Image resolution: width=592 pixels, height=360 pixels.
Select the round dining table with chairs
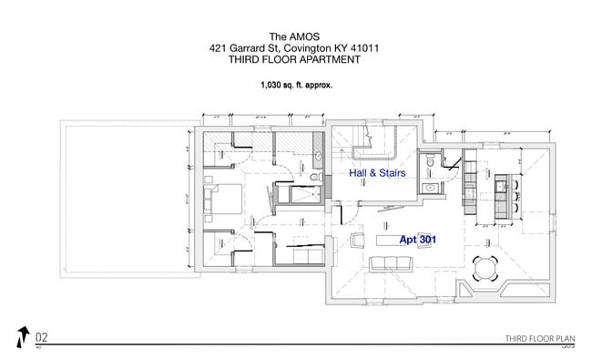(x=486, y=266)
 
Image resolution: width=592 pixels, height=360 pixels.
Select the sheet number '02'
(x=41, y=335)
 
